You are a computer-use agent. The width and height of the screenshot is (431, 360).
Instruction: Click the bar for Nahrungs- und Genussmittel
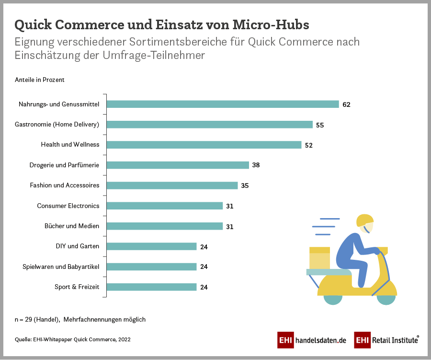[223, 104]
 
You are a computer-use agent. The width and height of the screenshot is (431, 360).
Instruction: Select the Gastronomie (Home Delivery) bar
[209, 125]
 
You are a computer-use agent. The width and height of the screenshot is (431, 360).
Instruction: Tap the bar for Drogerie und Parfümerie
[178, 165]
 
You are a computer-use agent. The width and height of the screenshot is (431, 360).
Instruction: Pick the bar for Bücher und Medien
[164, 226]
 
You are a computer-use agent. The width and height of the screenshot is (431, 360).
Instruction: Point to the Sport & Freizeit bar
[151, 287]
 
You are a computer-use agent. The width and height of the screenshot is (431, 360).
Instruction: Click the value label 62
[346, 105]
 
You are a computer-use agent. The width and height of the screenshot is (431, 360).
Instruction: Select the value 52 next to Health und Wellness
[308, 145]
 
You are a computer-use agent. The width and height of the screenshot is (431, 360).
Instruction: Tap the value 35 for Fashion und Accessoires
[245, 186]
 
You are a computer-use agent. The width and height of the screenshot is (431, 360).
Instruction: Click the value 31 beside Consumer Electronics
[229, 206]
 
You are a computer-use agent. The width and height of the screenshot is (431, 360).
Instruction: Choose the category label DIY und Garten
[78, 246]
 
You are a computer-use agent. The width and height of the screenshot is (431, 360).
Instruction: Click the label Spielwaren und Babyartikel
[61, 267]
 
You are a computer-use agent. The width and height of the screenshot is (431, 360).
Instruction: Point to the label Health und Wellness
[70, 144]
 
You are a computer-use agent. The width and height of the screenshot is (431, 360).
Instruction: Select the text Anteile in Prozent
[40, 80]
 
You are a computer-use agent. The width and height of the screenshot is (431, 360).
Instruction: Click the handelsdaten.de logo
[312, 340]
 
